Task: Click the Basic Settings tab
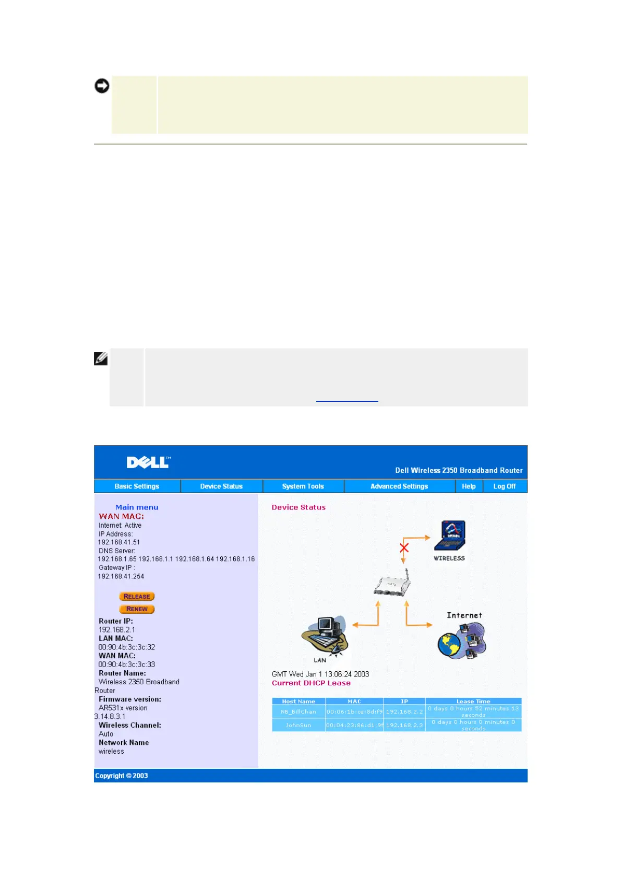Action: (x=137, y=486)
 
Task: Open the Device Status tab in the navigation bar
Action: (x=221, y=486)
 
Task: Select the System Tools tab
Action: (x=303, y=486)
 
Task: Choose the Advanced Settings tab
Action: (x=399, y=486)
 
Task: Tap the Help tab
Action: (x=469, y=486)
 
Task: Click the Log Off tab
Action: (x=505, y=486)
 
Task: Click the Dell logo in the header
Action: (x=149, y=462)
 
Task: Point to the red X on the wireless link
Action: (x=404, y=548)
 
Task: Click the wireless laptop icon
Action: (x=449, y=536)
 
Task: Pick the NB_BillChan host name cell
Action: (x=298, y=711)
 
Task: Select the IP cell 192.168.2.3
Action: (x=404, y=725)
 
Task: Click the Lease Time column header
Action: (x=473, y=702)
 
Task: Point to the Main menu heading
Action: (x=137, y=507)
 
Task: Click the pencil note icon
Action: (x=101, y=359)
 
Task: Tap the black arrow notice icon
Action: (x=102, y=86)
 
